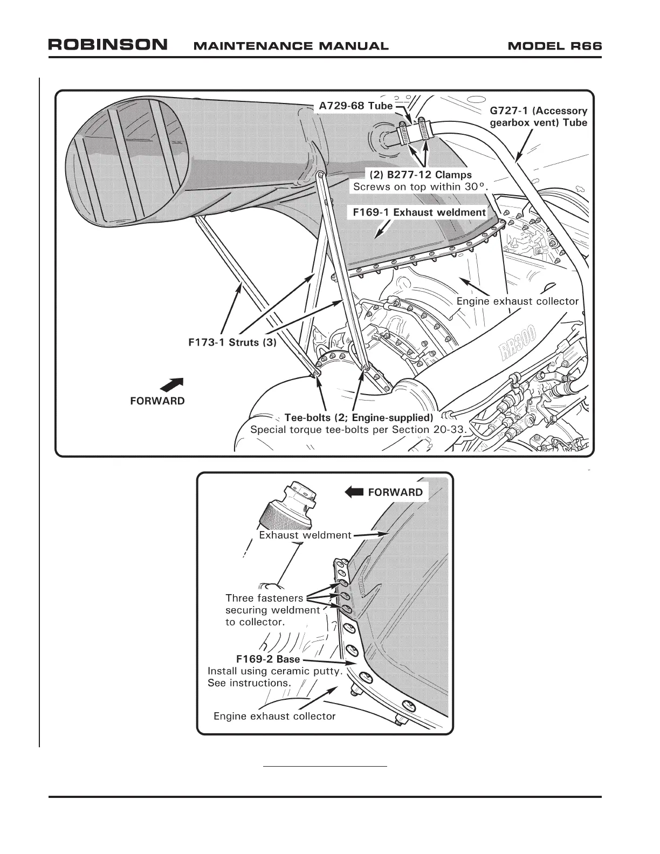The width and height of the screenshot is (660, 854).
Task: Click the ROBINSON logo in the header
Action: point(108,45)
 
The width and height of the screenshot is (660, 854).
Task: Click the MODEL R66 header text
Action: point(554,45)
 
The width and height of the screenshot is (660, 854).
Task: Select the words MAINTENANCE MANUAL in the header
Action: point(291,46)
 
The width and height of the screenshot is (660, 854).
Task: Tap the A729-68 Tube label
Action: point(355,106)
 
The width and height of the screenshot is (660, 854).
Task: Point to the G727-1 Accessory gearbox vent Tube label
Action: point(538,116)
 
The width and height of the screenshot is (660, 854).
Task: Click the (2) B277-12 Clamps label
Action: point(420,175)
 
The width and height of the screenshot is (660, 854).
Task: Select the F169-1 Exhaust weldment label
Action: point(419,212)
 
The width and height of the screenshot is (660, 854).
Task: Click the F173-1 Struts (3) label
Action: point(232,343)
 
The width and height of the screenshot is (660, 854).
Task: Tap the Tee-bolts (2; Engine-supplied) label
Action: point(359,418)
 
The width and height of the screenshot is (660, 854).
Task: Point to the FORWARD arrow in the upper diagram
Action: point(173,385)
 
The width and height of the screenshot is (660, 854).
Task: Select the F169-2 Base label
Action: point(267,659)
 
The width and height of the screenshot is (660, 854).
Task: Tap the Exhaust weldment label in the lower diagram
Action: point(305,535)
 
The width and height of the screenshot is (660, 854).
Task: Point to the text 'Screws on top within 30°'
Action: point(420,187)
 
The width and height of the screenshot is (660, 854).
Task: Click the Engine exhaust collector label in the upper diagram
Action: point(517,301)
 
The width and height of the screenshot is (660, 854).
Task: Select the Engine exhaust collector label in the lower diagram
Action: point(274,716)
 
